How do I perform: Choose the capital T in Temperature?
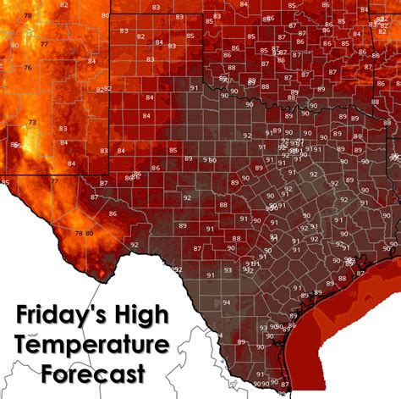(24, 344)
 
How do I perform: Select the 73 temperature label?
(33, 123)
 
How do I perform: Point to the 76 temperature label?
(28, 68)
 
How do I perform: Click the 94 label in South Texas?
(202, 302)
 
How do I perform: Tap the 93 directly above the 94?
(202, 272)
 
